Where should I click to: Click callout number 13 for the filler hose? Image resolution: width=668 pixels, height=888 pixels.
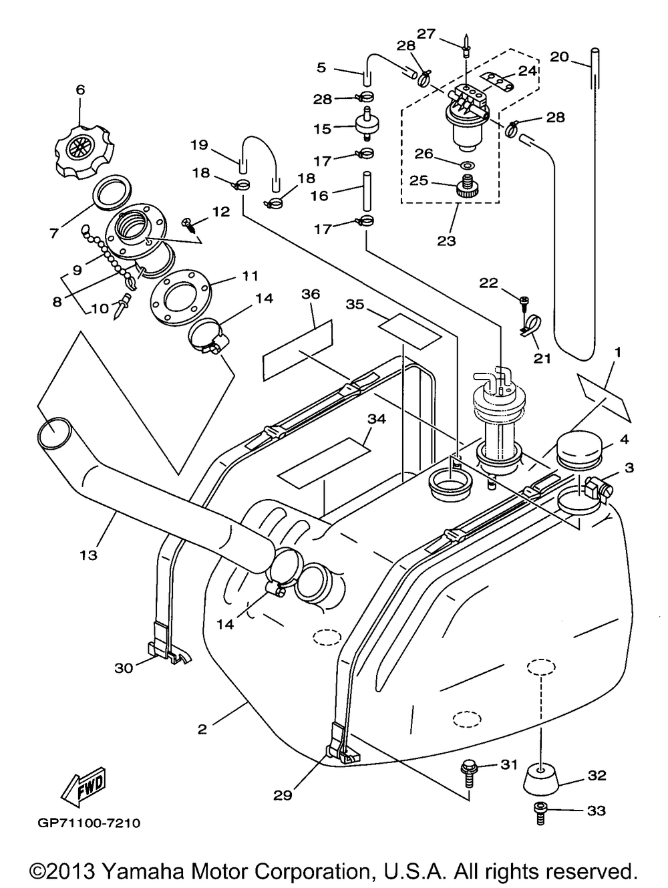89,555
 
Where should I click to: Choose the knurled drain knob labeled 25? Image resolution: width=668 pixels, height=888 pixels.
467,187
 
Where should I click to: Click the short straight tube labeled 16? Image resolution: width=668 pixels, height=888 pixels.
367,191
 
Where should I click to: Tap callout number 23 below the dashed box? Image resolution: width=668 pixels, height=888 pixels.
446,241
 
